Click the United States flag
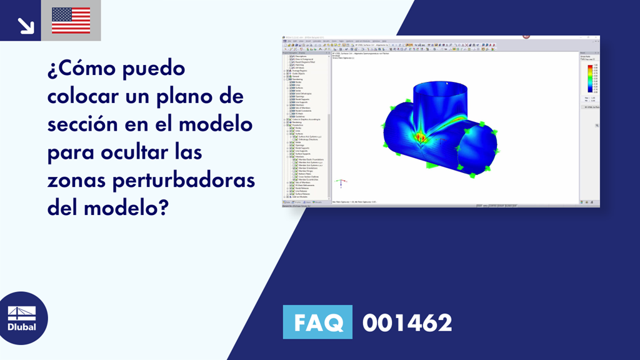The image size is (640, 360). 71,21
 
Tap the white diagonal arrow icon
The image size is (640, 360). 26,24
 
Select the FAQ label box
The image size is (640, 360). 317,322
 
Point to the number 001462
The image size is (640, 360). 407,322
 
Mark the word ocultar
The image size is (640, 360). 132,152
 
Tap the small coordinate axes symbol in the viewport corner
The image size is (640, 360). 340,183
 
